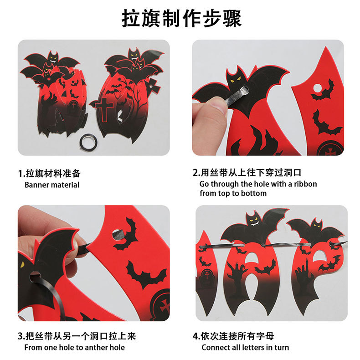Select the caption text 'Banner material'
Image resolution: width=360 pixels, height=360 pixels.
tap(52, 185)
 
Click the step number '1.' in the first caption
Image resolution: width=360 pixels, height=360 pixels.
tap(21, 174)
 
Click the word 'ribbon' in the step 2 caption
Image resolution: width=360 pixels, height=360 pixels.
tap(305, 184)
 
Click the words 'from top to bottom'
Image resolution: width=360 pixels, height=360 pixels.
tap(233, 193)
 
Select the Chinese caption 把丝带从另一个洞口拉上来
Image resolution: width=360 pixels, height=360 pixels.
tap(81, 337)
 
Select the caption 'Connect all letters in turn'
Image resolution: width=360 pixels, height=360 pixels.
tap(245, 348)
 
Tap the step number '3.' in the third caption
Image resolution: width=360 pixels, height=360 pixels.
tap(21, 337)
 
